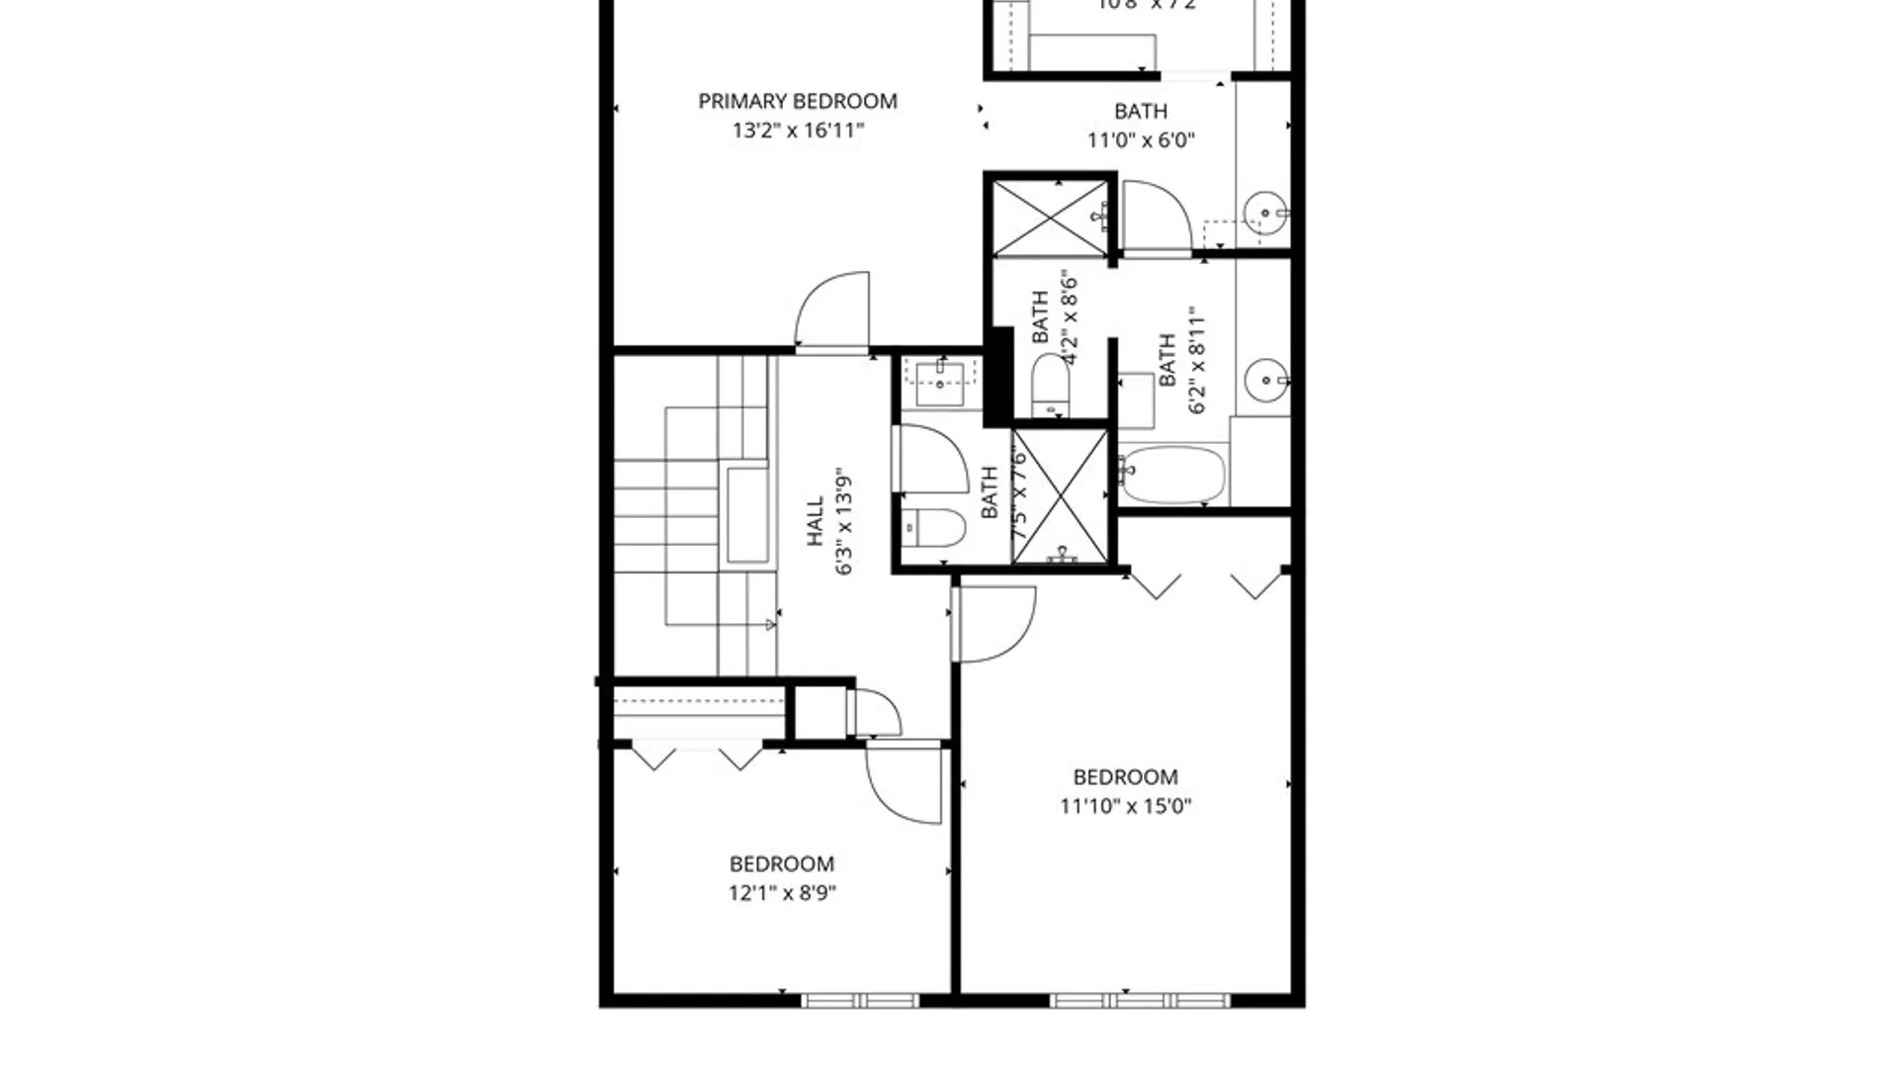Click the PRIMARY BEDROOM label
(x=798, y=101)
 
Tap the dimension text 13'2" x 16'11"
(x=798, y=131)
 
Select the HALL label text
(x=815, y=521)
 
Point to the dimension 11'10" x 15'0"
(x=1125, y=806)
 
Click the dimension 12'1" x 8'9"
(x=782, y=893)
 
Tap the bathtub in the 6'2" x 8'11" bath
(x=1173, y=476)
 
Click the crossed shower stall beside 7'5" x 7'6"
(x=1061, y=496)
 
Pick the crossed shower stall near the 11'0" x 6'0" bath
(x=1050, y=217)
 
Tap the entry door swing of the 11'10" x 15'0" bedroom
(x=996, y=624)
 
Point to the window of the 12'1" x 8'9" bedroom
(x=860, y=1001)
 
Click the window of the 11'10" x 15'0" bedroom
(x=1139, y=1001)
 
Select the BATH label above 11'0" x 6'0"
(x=1140, y=111)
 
